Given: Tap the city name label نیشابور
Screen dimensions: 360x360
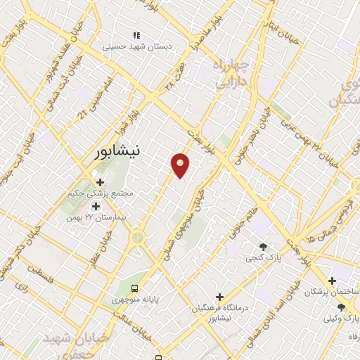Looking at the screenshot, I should pyautogui.click(x=122, y=150).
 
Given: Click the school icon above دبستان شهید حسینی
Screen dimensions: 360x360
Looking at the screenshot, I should pyautogui.click(x=136, y=34).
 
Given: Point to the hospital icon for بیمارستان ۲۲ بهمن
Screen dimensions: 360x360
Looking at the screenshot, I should pyautogui.click(x=96, y=207).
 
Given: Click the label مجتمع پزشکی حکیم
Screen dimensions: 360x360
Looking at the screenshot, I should pyautogui.click(x=101, y=193).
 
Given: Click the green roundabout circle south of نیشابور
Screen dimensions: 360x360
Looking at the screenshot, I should pyautogui.click(x=137, y=238).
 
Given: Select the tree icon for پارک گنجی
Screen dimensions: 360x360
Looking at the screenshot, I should pyautogui.click(x=264, y=246).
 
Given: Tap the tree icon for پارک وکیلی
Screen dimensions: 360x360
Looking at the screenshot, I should pyautogui.click(x=341, y=307).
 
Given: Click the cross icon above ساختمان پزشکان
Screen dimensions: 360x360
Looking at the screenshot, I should pyautogui.click(x=331, y=281).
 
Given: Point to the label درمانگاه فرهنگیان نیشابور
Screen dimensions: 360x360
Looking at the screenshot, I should pyautogui.click(x=220, y=313).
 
